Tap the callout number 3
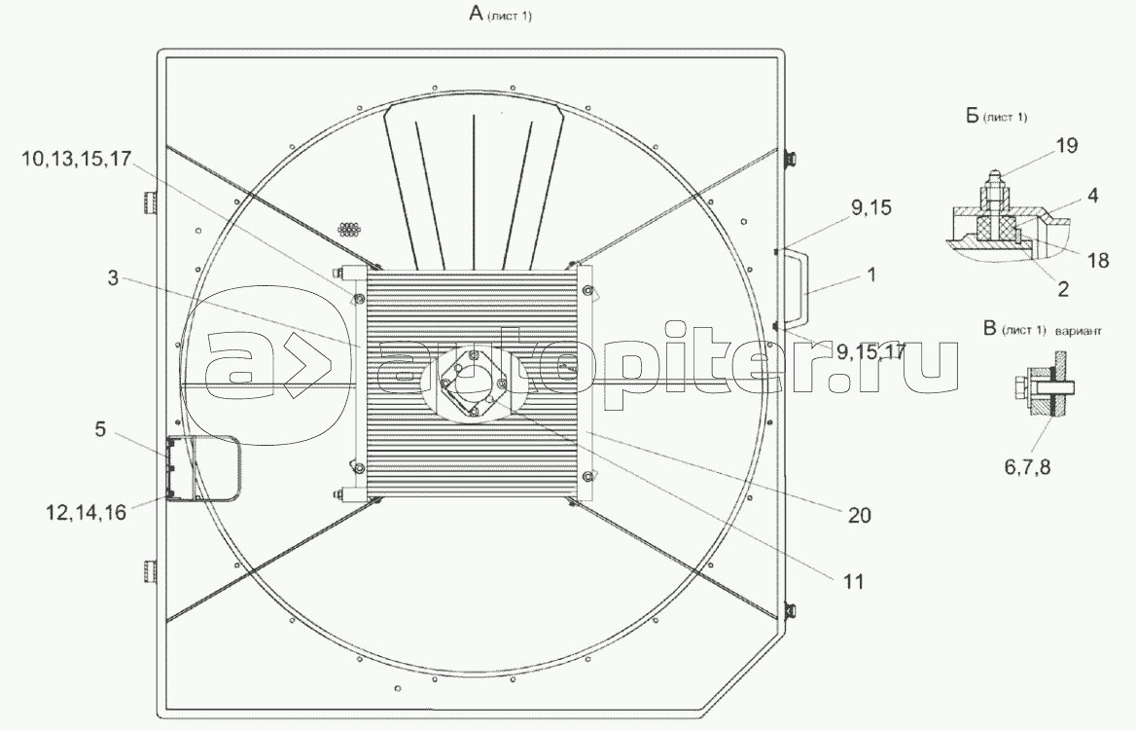112,277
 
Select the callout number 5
100,429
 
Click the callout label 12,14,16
87,513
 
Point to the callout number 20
859,515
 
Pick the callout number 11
853,582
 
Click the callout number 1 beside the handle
871,274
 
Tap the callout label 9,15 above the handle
871,208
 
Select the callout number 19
1066,146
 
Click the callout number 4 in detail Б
1092,195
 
